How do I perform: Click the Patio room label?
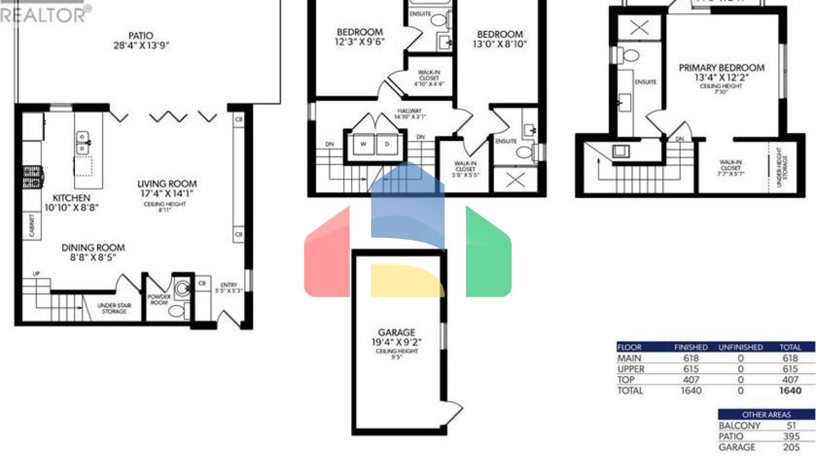(x=141, y=36)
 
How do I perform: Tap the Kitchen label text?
(x=71, y=198)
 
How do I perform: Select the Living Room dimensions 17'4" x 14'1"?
(x=167, y=194)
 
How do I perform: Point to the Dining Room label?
(x=93, y=248)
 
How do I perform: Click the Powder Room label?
(x=159, y=300)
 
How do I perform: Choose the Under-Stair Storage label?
(x=114, y=308)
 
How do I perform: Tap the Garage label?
(x=396, y=333)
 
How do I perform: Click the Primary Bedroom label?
(x=721, y=68)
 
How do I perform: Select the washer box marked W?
(x=363, y=144)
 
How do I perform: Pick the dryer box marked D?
(x=387, y=144)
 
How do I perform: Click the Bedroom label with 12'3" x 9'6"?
(x=360, y=32)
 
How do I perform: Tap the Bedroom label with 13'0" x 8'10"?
(x=499, y=35)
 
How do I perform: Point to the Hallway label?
(x=410, y=111)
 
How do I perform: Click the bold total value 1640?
(x=790, y=390)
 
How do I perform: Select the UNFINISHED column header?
(x=741, y=347)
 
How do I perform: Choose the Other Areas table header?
(x=766, y=414)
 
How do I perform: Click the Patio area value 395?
(x=791, y=436)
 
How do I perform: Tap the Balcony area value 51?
(x=791, y=426)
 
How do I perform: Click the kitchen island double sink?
(x=82, y=142)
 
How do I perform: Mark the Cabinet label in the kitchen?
(x=32, y=225)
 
